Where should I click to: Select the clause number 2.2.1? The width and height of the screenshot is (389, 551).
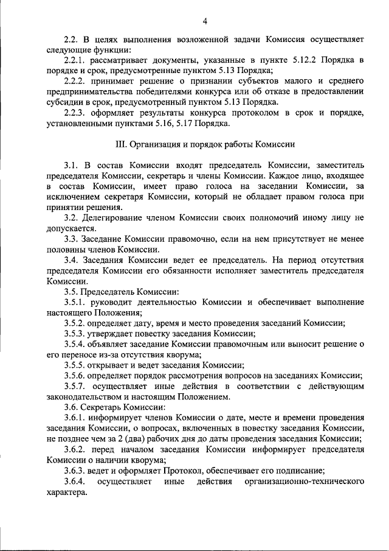coord(77,60)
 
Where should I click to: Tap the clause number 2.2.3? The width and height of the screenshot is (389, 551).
coord(77,113)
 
